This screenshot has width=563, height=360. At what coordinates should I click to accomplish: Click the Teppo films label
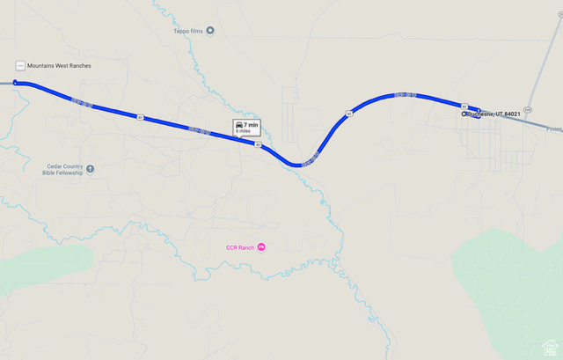[187, 31]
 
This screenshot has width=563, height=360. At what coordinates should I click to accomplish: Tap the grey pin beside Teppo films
[210, 31]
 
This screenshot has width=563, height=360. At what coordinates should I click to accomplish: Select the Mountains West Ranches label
[59, 66]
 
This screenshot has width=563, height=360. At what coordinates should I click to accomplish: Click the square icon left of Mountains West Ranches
[19, 66]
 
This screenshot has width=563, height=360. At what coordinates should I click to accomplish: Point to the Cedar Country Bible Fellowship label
[62, 169]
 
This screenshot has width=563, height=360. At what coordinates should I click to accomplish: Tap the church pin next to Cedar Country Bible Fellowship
[91, 168]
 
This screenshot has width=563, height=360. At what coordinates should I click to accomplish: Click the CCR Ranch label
[239, 247]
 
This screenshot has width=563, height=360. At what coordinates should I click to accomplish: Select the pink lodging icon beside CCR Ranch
[261, 247]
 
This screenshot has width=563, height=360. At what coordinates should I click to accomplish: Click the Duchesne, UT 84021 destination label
[494, 114]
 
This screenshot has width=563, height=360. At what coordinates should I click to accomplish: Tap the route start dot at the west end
[15, 83]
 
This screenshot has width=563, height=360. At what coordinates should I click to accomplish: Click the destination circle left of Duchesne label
[464, 114]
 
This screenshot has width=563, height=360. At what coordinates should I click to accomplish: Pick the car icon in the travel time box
[239, 125]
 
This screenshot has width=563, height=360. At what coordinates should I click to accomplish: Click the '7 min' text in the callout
[252, 125]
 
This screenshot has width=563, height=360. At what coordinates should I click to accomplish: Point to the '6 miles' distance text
[244, 131]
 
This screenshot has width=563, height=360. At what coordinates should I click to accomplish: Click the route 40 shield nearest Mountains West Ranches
[139, 116]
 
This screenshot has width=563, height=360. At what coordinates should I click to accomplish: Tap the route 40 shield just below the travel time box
[258, 144]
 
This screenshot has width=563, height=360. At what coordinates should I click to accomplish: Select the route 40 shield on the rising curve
[349, 114]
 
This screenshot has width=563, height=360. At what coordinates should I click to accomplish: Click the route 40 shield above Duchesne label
[464, 106]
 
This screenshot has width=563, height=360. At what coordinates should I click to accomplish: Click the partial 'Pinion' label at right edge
[554, 129]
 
